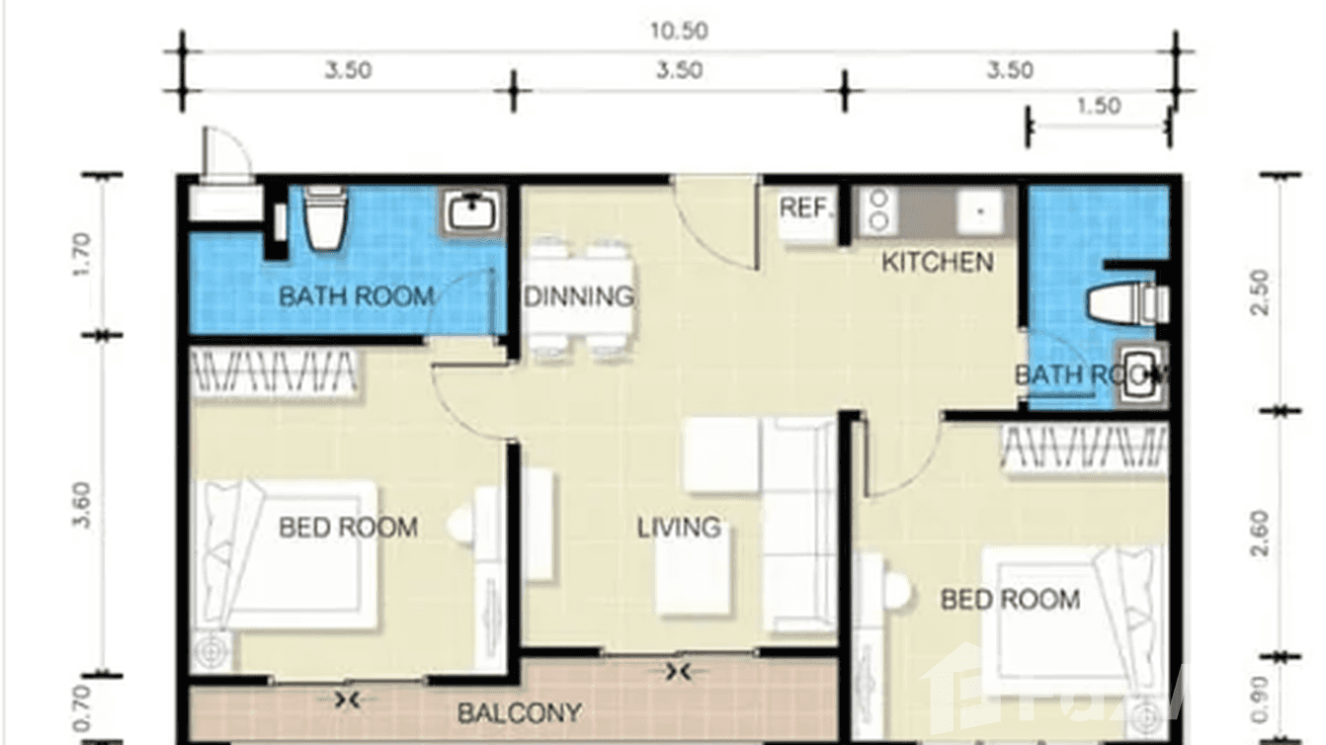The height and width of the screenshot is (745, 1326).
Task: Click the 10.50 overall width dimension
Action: click(678, 31)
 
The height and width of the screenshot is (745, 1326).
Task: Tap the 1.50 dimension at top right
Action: click(1098, 106)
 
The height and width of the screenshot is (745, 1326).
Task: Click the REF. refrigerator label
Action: click(806, 208)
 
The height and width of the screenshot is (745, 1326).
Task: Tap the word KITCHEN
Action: click(937, 263)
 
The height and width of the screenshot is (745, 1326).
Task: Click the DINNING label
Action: click(579, 296)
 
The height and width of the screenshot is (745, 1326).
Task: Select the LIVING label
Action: click(678, 528)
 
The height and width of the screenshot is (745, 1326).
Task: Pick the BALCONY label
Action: click(519, 712)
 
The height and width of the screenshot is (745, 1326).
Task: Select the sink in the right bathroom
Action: click(1141, 375)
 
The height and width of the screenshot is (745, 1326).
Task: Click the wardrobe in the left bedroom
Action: click(273, 373)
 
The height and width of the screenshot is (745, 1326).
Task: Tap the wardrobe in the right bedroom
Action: click(1084, 448)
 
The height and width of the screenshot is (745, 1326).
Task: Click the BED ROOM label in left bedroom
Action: click(348, 528)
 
